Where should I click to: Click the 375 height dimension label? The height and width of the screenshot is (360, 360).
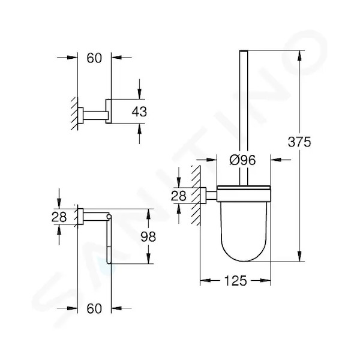299,142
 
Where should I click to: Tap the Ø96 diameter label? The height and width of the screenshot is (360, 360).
242,160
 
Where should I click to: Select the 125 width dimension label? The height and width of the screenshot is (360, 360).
235,280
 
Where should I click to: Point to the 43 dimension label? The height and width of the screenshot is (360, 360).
139,112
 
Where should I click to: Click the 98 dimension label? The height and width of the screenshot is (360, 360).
148,236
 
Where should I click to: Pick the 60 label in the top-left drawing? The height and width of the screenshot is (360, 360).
94,58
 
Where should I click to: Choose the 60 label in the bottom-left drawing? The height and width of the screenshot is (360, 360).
94,308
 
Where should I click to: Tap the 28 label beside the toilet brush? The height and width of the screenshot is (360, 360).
179,196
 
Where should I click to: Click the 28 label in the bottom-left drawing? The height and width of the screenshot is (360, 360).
59,217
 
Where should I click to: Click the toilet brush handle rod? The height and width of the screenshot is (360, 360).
244,117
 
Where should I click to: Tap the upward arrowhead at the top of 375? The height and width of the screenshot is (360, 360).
299,56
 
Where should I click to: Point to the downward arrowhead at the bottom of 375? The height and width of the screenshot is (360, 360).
299,256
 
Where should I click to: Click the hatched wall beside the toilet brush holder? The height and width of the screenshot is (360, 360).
196,196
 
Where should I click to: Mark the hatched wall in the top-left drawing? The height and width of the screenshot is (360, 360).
74,114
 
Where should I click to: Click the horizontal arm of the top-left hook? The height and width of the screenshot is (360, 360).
95,115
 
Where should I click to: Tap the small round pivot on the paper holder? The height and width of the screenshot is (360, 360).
109,216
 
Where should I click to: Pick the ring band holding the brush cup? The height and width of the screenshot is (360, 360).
244,193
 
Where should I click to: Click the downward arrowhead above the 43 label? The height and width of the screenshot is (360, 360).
139,94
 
